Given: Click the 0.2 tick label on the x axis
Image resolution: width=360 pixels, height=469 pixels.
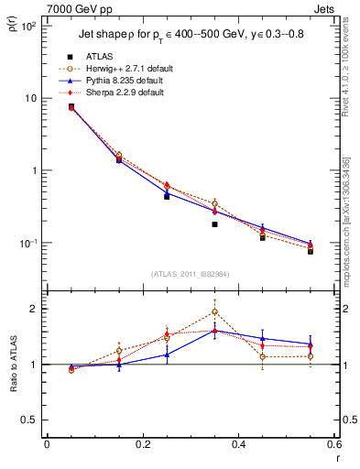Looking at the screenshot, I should tap(141, 446).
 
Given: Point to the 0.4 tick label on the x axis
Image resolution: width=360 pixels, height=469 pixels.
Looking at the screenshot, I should tap(237, 446).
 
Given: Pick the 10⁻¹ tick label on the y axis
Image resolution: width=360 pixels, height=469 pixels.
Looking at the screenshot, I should tap(27, 243).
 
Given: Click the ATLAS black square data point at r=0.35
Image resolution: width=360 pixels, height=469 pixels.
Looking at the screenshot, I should tap(214, 224).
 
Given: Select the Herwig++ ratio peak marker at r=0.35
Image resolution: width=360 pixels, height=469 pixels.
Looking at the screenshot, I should tap(214, 311).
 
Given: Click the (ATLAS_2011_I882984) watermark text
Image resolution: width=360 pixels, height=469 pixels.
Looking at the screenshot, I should tap(190, 274).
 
